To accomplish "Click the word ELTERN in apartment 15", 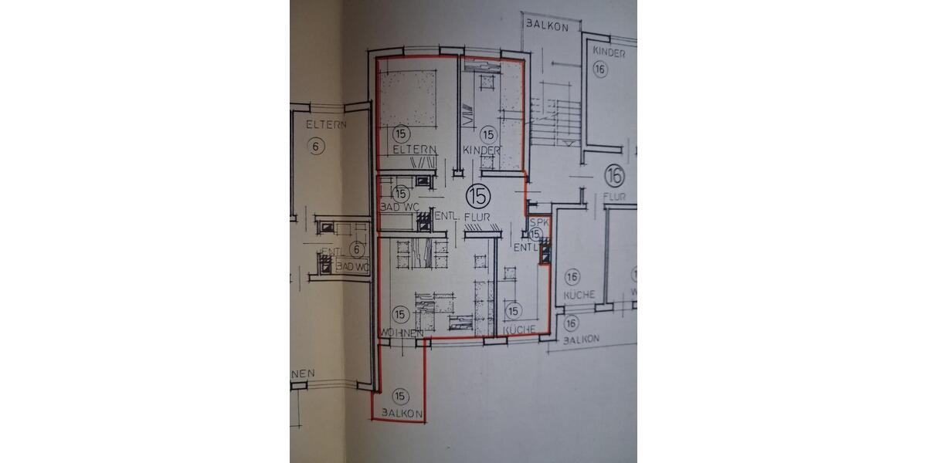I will [415, 150].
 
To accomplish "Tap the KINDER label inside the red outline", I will [481, 150].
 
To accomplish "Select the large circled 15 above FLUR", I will [477, 194].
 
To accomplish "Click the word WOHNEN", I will [399, 332].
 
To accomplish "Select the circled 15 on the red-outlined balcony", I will [399, 397].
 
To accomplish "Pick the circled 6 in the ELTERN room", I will [314, 146].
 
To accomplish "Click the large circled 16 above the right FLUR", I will [615, 174].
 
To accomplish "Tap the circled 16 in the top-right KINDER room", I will [600, 69].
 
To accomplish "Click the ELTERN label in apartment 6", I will [325, 123].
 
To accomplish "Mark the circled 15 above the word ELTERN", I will [399, 133].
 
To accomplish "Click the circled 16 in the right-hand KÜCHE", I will [572, 277].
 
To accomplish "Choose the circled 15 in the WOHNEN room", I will [399, 313].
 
